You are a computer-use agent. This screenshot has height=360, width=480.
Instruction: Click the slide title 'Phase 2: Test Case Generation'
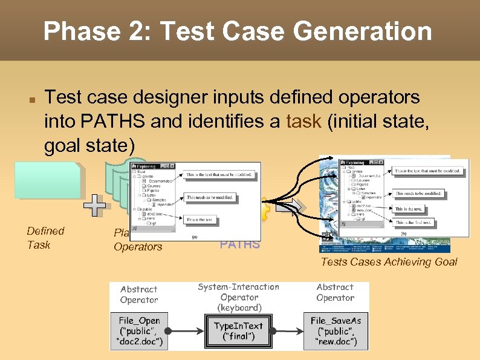coord(238,31)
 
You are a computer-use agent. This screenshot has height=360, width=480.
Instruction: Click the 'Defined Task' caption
coord(45,238)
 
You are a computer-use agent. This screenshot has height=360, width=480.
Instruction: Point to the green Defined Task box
coord(49,180)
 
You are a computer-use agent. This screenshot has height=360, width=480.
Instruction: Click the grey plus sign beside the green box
coord(94,206)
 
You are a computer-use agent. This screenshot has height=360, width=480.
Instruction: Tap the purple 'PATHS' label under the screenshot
coord(240,244)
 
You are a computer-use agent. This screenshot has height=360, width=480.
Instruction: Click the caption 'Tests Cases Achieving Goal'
coord(389,262)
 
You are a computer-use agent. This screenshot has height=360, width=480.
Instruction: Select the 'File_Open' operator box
coord(140,331)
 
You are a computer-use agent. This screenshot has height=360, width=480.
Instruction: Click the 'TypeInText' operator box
coord(238,330)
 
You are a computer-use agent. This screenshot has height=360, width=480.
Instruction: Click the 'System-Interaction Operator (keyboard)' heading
coord(238,297)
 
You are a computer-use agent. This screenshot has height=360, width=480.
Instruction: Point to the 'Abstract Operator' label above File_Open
coord(138,294)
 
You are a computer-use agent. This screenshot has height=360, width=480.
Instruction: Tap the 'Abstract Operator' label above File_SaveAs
coord(335,292)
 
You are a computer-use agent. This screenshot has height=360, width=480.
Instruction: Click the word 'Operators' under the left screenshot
coord(138,247)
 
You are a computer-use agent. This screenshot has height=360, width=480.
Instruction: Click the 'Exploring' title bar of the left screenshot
coord(151,166)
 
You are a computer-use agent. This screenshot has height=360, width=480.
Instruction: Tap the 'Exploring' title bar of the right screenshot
coord(361,162)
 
